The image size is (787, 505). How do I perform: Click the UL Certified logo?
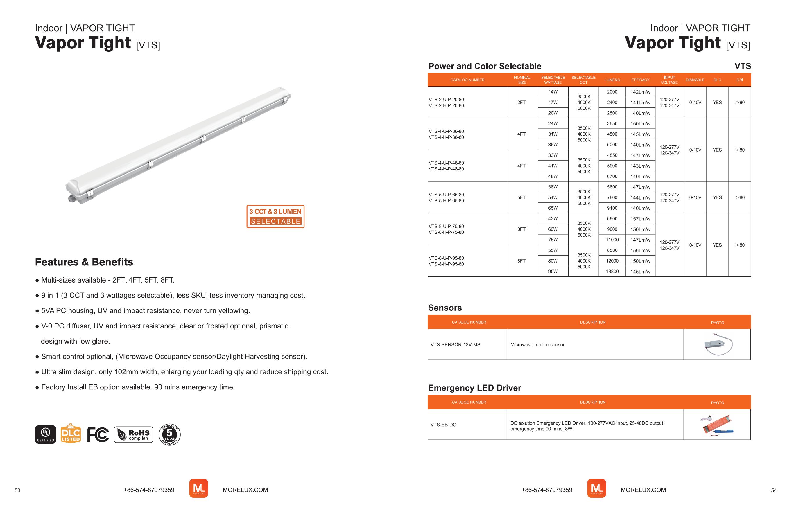point(45,434)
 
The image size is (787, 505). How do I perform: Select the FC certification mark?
point(98,435)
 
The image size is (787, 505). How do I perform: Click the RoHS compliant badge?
point(133,435)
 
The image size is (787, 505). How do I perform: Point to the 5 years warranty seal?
point(169,435)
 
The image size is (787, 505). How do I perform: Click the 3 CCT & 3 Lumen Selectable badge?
point(275,216)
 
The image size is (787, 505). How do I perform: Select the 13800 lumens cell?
point(612,272)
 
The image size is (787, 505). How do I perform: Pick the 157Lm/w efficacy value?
point(640,219)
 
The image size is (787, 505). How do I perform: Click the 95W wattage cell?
point(553,272)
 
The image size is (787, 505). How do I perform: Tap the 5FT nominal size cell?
point(521,197)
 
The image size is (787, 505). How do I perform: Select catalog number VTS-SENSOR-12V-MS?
point(455,345)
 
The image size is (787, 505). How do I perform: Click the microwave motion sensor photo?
point(718,345)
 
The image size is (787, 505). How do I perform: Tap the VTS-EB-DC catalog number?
point(443,425)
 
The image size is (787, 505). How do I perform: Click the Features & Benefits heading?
point(84,262)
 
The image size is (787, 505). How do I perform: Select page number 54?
point(774,490)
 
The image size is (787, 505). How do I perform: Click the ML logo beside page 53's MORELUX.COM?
point(198,489)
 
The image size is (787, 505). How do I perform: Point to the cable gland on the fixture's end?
point(70,198)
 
